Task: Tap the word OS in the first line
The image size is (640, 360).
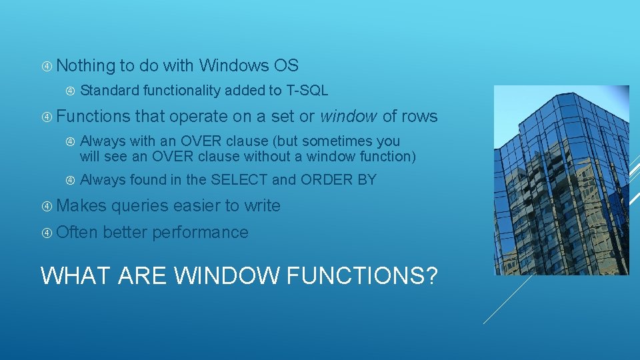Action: click(x=286, y=66)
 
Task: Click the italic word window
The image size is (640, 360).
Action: click(x=349, y=117)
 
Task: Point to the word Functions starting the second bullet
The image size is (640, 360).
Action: click(x=93, y=117)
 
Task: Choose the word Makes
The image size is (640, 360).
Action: click(x=82, y=206)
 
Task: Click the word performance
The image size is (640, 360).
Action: click(x=200, y=233)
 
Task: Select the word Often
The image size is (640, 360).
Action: click(x=77, y=233)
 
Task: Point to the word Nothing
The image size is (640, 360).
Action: click(x=86, y=66)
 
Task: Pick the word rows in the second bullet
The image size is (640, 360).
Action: click(x=418, y=117)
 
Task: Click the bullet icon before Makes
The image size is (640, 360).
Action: click(x=47, y=206)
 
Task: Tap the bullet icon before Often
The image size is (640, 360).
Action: click(x=47, y=233)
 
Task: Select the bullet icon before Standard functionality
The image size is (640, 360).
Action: click(x=71, y=91)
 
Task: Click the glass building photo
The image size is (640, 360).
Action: click(x=561, y=180)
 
